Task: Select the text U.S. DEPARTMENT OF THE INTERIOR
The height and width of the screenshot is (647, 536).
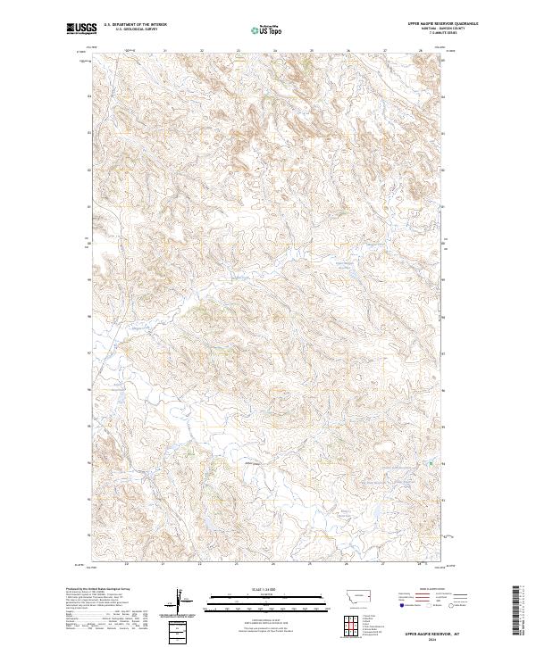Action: [x=135, y=25]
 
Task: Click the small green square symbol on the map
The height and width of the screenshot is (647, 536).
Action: [x=431, y=463]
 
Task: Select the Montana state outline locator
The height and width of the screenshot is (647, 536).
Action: [x=351, y=596]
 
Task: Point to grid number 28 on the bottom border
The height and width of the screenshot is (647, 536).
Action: [x=418, y=564]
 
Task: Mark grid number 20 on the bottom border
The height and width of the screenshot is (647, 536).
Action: [x=127, y=564]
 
